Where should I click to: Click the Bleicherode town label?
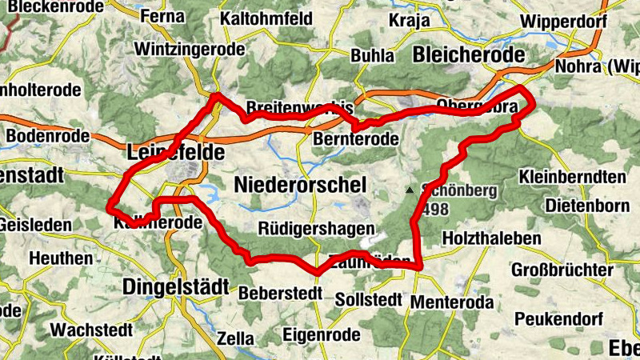click(470, 54)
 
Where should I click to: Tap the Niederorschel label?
click(300, 185)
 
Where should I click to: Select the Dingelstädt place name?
click(176, 286)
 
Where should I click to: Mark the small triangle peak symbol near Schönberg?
click(410, 190)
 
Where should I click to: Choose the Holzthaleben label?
click(491, 238)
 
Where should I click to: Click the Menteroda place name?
click(450, 302)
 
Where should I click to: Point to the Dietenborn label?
click(587, 206)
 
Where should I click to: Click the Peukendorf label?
click(557, 318)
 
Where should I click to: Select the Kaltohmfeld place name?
click(266, 16)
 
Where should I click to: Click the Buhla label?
click(372, 56)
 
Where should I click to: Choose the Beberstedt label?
click(280, 293)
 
